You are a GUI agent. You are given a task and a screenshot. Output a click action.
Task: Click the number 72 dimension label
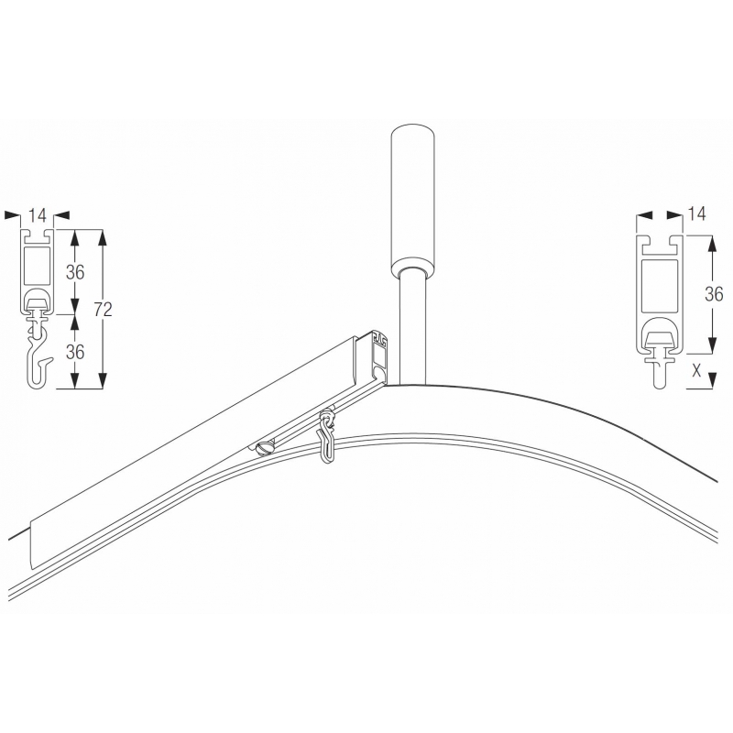pos(103,310)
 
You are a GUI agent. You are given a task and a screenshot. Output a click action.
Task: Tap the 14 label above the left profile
pos(38,215)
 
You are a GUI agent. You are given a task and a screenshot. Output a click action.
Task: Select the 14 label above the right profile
pos(696,214)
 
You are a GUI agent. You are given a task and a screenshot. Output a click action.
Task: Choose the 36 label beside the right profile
pos(714,294)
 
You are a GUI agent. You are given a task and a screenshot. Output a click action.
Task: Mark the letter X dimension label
pos(696,371)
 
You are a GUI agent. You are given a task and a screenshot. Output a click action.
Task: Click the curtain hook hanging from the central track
pos(327,436)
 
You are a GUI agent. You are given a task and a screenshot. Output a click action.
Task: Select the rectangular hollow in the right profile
pos(660,287)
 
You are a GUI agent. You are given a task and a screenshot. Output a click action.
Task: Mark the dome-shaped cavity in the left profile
pos(38,300)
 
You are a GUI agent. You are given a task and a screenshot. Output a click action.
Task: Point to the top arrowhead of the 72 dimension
pos(103,235)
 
